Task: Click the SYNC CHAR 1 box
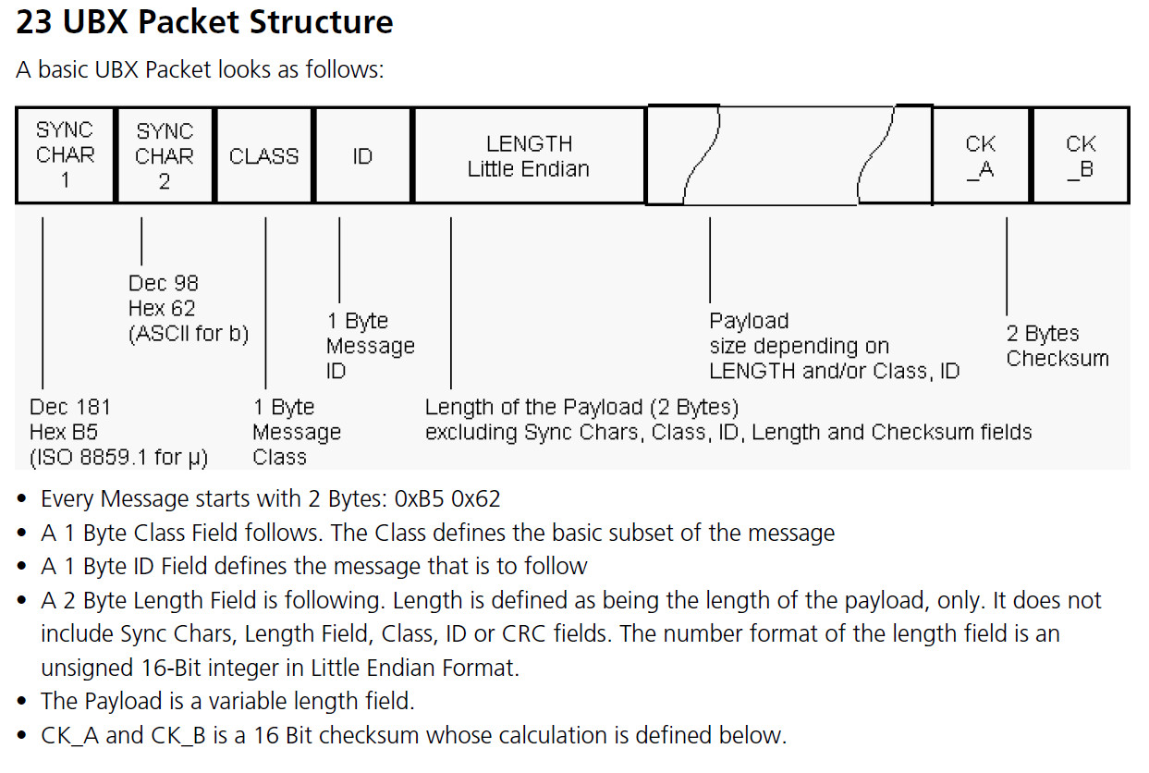[x=66, y=155]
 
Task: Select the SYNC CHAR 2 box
[x=165, y=155]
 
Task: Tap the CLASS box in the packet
[x=263, y=155]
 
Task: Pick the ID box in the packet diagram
[x=362, y=155]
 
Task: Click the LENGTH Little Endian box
[x=529, y=155]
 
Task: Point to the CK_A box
[x=980, y=155]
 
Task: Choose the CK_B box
[x=1080, y=155]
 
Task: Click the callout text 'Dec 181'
[x=69, y=407]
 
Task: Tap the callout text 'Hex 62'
[x=162, y=308]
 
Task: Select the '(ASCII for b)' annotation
[x=189, y=333]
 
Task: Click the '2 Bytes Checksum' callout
[x=1057, y=346]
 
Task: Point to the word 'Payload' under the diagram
[x=749, y=321]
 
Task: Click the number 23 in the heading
[x=34, y=22]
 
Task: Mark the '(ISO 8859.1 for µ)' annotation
[x=118, y=457]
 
